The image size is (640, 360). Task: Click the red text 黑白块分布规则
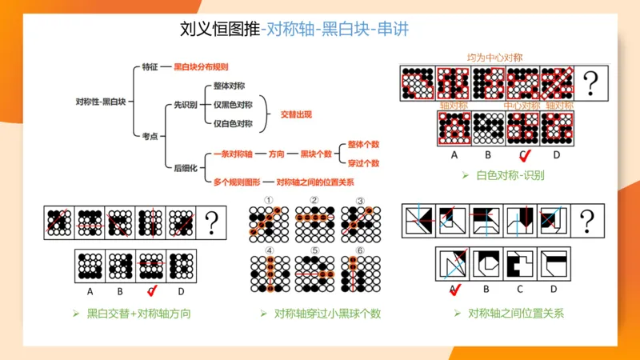click(201, 66)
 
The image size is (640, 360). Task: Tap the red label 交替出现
click(294, 114)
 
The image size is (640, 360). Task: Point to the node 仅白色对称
click(233, 123)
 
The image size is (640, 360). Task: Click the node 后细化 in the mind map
click(184, 167)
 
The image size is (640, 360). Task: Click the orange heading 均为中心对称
click(495, 58)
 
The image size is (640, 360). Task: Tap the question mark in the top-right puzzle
click(591, 81)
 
